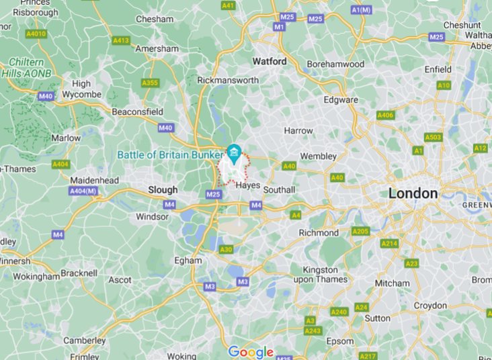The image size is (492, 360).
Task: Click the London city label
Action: click(413, 193)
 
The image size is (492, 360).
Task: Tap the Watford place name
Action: click(269, 61)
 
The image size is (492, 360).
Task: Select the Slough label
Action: click(163, 190)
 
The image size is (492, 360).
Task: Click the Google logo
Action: click(251, 352)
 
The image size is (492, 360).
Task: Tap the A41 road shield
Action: click(229, 5)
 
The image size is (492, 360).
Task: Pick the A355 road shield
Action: click(150, 83)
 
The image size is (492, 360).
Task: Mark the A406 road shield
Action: click(385, 115)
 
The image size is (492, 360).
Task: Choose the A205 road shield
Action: click(361, 231)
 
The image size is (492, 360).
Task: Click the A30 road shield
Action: click(227, 249)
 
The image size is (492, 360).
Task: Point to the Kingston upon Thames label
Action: click(320, 274)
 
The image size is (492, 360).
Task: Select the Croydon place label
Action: click(429, 306)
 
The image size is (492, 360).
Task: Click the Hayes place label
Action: click(248, 185)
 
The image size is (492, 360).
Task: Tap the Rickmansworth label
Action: click(228, 80)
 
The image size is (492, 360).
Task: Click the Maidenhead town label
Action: click(95, 181)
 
